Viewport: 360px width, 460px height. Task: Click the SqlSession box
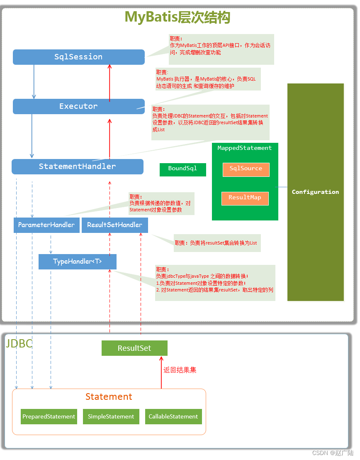click(78, 57)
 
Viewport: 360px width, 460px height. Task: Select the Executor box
click(78, 106)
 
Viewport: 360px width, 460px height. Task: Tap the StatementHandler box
click(77, 166)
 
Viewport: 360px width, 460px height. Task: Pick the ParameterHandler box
click(46, 225)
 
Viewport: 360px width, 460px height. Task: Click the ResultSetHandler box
click(114, 225)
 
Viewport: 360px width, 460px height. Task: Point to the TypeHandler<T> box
click(77, 262)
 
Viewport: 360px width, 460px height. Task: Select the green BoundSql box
click(182, 169)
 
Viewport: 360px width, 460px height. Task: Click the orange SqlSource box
click(246, 169)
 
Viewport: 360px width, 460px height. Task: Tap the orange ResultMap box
click(245, 198)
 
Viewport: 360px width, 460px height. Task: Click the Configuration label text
click(315, 192)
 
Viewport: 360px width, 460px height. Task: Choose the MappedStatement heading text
click(245, 148)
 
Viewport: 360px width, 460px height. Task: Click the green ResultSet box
click(134, 348)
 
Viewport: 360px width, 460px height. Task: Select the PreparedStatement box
click(49, 416)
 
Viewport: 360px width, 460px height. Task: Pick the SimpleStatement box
click(111, 416)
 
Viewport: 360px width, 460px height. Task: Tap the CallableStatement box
click(173, 416)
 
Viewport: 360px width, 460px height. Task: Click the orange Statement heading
click(109, 396)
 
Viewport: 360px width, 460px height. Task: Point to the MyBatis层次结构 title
click(178, 17)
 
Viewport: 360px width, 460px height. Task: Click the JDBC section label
click(19, 344)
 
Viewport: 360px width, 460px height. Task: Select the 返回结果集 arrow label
click(180, 370)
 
